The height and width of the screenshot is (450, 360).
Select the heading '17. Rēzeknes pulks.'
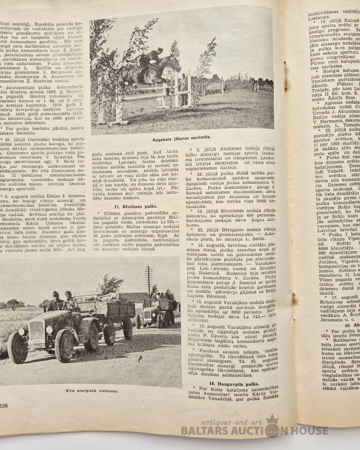(135, 206)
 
